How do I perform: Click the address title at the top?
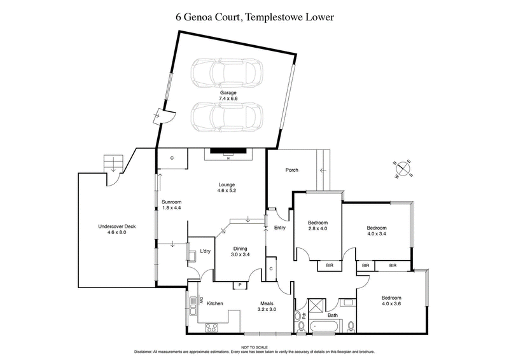254,17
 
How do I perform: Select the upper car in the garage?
227,74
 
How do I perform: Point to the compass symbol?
402,169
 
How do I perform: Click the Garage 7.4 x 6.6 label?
228,96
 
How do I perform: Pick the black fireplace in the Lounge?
228,151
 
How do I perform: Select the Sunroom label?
172,205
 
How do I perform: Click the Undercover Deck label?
117,229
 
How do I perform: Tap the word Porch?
292,170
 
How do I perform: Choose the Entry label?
280,228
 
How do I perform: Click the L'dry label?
205,251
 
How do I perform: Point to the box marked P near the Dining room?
241,284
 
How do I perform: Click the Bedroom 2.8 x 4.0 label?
317,225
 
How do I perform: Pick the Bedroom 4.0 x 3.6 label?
391,300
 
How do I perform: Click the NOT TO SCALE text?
254,346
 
